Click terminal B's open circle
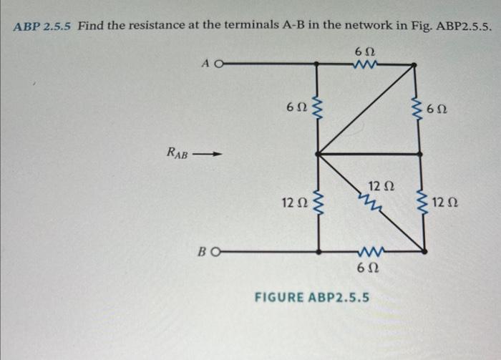(x=218, y=252)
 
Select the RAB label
(x=177, y=152)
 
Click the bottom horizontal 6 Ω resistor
(x=371, y=252)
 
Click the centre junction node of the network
(x=318, y=153)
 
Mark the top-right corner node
(x=415, y=64)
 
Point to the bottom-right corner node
(x=424, y=252)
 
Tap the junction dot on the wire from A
(x=318, y=63)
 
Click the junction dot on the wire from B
(x=318, y=252)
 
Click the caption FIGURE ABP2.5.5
(x=313, y=297)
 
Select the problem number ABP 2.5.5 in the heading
(x=43, y=27)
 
